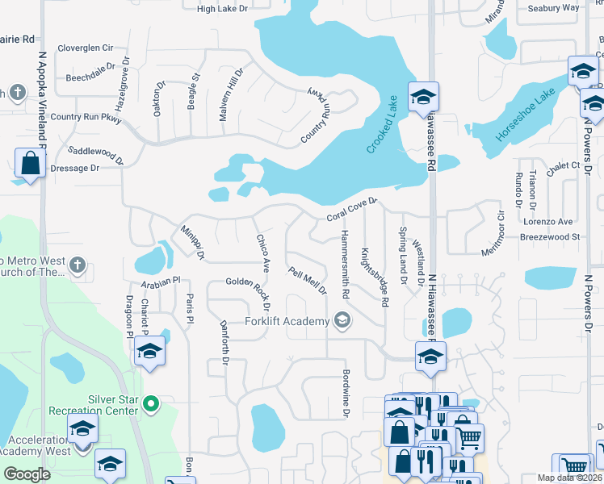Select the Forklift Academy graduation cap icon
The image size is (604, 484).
(x=342, y=321)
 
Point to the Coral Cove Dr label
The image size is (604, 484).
(x=352, y=211)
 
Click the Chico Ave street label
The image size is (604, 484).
(x=263, y=252)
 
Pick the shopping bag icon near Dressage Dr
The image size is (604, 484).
(x=30, y=164)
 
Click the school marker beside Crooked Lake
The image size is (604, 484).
(x=422, y=98)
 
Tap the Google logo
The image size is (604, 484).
(x=27, y=474)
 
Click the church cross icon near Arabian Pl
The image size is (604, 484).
(x=77, y=265)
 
